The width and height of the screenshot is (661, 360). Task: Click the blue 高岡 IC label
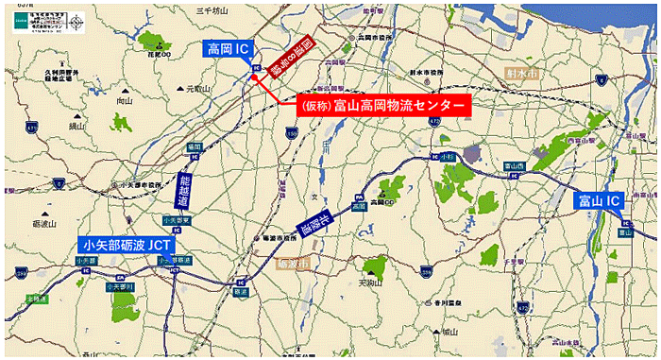228,48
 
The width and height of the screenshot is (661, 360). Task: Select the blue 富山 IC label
599,200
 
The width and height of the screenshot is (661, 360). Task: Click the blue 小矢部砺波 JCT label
127,244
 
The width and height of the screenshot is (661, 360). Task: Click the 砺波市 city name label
295,265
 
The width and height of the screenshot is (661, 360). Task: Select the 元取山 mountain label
196,89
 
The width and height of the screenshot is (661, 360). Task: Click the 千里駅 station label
514,257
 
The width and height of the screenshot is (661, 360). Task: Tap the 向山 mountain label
124,99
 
